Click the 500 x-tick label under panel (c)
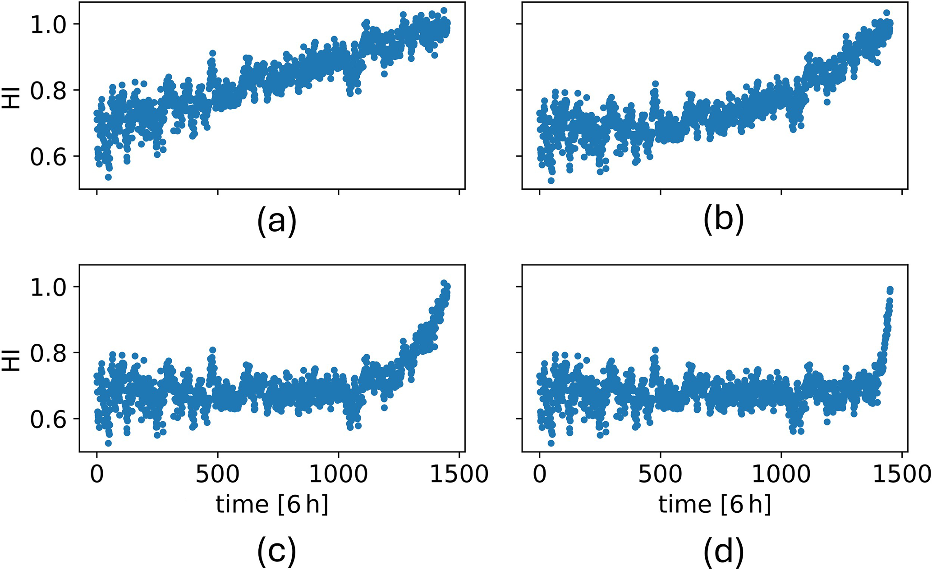[x=217, y=474]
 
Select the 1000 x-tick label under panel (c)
[x=338, y=474]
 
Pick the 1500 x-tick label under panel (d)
[x=901, y=474]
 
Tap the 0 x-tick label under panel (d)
[x=539, y=474]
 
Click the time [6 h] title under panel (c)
[x=272, y=505]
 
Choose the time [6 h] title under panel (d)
[x=715, y=505]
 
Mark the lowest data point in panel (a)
[x=108, y=177]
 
